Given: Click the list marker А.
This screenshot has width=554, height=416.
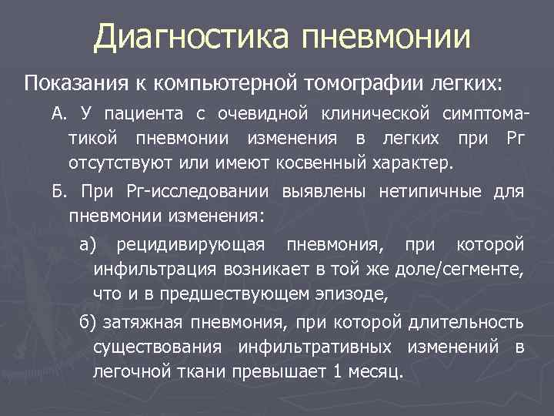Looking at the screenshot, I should (60, 115).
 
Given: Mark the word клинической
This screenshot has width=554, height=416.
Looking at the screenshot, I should (372, 115).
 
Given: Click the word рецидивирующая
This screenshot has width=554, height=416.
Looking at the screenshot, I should (190, 244).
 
